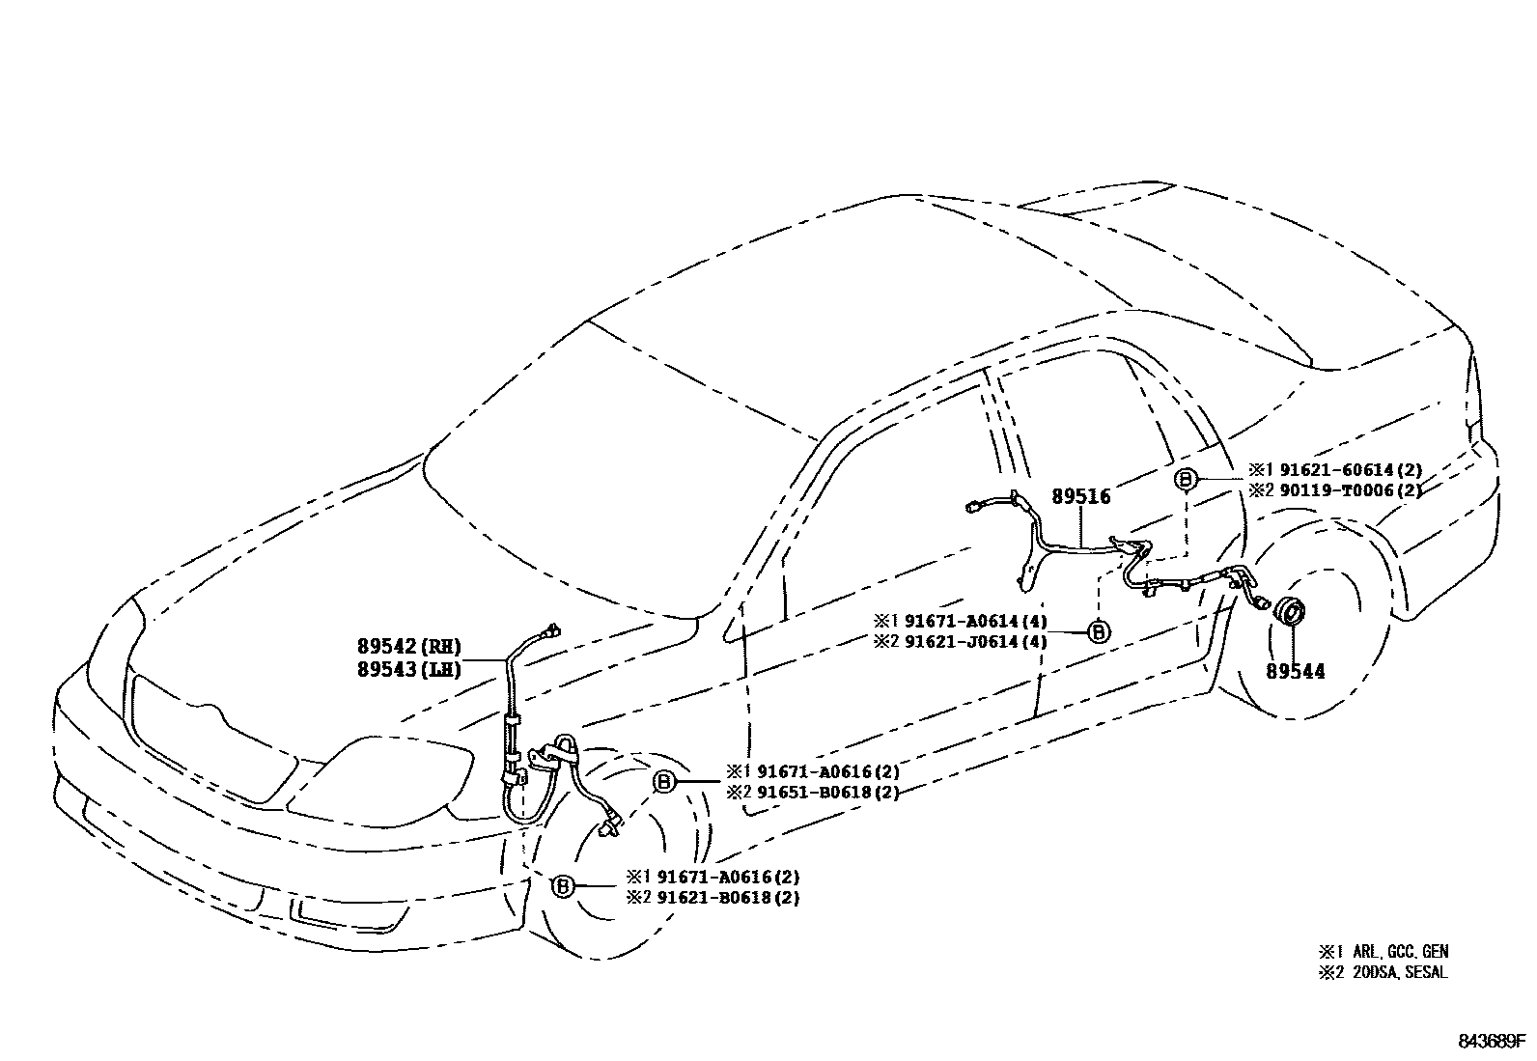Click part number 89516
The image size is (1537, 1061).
tap(1080, 497)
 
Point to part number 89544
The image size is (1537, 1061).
tap(1296, 670)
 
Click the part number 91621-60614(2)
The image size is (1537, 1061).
tap(1350, 470)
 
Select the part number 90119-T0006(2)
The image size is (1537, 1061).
tap(1350, 490)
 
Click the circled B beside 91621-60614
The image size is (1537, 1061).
tap(1186, 479)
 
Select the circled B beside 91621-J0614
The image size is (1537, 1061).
tap(1098, 631)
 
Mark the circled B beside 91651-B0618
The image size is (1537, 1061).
tap(664, 782)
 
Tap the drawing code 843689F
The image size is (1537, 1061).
tap(1491, 1042)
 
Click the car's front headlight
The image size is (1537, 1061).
tap(386, 773)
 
